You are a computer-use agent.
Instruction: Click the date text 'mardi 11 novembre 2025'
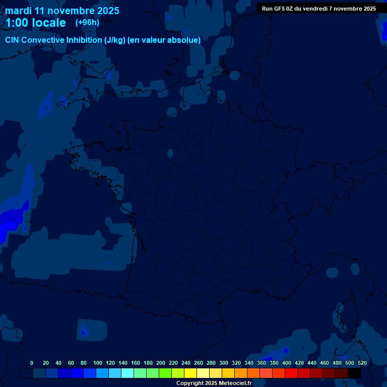[x=62, y=11]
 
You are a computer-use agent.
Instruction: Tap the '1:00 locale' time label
[x=35, y=23]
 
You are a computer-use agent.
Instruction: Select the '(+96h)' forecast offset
[x=87, y=23]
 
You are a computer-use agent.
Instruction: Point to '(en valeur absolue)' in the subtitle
[x=164, y=40]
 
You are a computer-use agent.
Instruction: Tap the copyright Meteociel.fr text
[x=214, y=383]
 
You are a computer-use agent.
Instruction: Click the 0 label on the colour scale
[x=32, y=363]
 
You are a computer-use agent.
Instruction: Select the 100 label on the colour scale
[x=98, y=363]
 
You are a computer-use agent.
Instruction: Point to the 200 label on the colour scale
[x=161, y=363]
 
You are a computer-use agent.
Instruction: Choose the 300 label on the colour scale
[x=224, y=363]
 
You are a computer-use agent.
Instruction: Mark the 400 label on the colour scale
[x=287, y=363]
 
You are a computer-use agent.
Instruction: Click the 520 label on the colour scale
[x=362, y=363]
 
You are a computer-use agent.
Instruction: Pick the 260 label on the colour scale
[x=199, y=363]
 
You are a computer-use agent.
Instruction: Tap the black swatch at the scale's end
[x=354, y=373]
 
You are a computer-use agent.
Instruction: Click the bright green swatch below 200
[x=165, y=373]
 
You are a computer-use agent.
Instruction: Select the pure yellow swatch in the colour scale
[x=190, y=373]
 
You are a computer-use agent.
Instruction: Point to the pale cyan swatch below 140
[x=127, y=373]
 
